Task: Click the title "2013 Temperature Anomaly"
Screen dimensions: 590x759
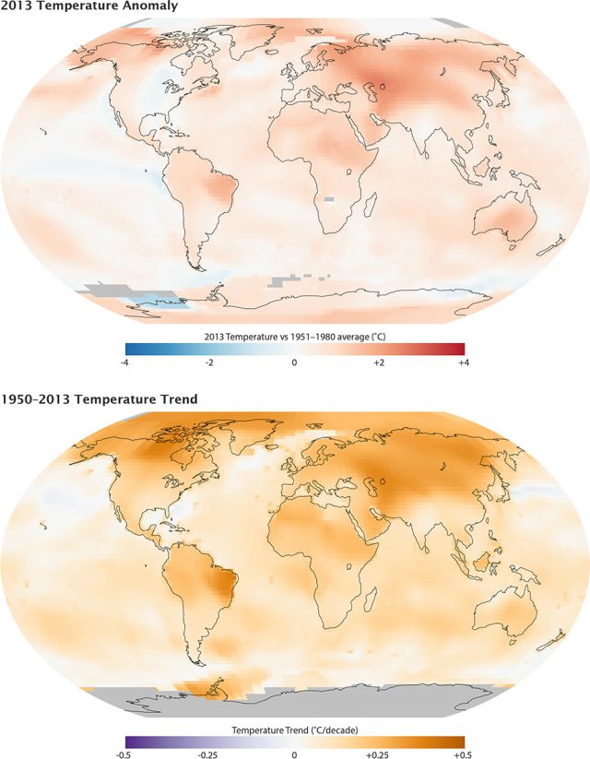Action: tap(89, 6)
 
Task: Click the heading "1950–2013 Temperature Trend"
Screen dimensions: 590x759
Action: tap(100, 399)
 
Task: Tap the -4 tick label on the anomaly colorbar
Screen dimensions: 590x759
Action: tap(124, 362)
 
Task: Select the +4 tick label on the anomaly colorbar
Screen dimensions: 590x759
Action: tap(464, 362)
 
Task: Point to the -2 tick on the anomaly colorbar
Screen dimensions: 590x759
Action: tap(209, 362)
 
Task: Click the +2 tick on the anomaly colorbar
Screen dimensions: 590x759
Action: tap(379, 362)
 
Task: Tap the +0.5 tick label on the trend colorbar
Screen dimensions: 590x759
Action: tap(464, 754)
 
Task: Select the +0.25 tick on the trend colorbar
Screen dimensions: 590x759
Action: tap(379, 754)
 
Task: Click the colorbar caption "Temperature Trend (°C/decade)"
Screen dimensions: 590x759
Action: tap(295, 729)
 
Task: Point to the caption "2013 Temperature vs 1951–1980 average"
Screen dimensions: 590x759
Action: tap(288, 336)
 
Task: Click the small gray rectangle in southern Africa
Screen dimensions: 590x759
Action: tap(329, 198)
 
